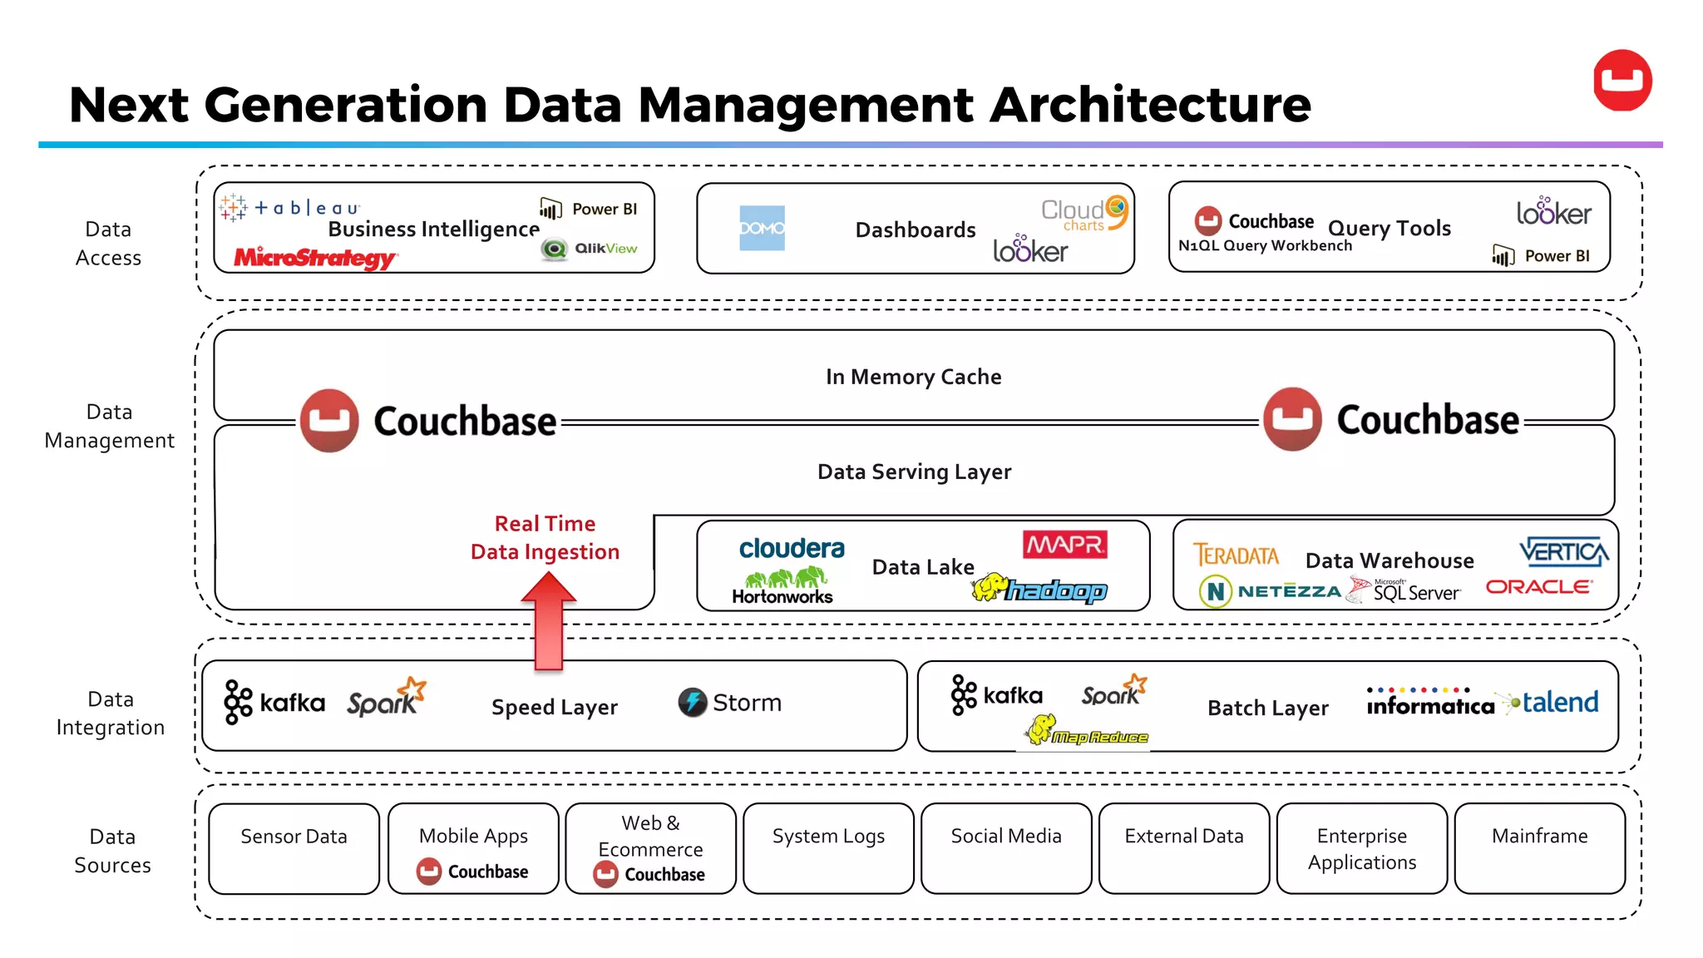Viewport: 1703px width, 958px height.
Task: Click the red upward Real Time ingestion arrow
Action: coord(549,624)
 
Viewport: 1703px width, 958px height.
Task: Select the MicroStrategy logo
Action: coord(315,258)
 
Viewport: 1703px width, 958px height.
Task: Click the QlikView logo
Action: coord(590,249)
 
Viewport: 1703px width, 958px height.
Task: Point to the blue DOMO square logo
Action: coord(762,228)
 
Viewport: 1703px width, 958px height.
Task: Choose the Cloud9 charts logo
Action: coord(1084,213)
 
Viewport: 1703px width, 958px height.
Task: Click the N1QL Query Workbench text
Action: coord(1265,246)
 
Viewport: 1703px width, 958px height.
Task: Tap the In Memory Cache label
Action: coord(913,377)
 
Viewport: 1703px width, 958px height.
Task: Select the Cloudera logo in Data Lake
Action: coord(792,549)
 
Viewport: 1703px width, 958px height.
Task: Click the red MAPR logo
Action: coord(1065,546)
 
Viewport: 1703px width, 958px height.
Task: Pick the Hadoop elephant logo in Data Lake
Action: coord(1039,589)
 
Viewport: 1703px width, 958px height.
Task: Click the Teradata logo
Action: coord(1236,555)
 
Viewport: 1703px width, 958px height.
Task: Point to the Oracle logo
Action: coord(1538,587)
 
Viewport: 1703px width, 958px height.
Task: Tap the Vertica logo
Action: coord(1563,551)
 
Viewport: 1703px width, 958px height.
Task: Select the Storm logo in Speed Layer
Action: coord(729,703)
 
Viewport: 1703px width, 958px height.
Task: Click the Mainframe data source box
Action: coord(1539,848)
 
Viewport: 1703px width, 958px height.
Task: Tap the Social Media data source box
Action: coord(1006,848)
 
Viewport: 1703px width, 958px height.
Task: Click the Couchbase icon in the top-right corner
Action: coord(1622,81)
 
